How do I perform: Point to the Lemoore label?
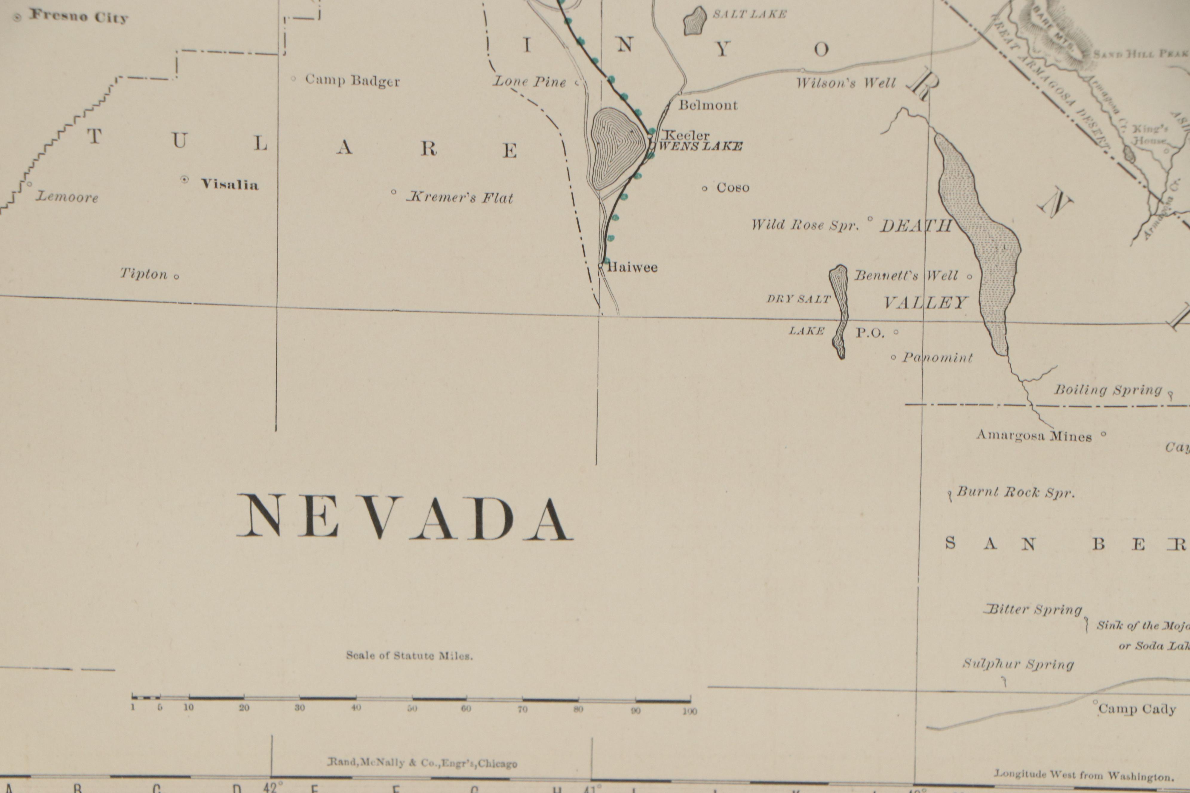coord(67,197)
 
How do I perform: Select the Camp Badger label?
coord(352,81)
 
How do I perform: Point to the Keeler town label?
coord(686,135)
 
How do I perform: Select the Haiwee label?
coord(632,267)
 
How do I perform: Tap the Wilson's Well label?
coord(846,83)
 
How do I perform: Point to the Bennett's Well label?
coord(906,276)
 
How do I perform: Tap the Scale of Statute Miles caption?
coord(409,655)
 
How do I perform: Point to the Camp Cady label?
coord(1136,709)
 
